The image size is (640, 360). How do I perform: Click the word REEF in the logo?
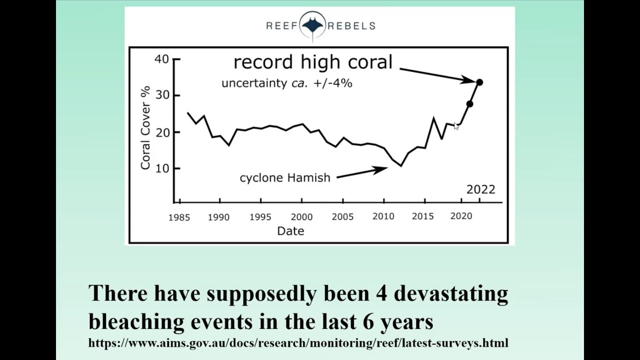pos(281,26)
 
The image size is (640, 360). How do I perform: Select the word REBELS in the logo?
pos(351,26)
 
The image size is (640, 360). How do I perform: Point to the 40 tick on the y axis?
pos(162,59)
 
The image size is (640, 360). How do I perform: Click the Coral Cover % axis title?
pos(145,128)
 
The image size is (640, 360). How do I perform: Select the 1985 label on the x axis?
pos(178,217)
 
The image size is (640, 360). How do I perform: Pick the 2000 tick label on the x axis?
pos(301,216)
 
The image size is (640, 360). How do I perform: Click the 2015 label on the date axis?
pos(422,216)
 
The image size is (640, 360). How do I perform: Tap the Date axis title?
pos(290,230)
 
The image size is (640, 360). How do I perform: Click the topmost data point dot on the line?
pos(479,82)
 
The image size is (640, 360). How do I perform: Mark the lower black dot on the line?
pos(469,104)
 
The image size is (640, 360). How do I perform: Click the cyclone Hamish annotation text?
pos(285,178)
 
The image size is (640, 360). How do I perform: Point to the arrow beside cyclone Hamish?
pos(361,172)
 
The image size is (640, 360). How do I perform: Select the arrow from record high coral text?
pos(437,74)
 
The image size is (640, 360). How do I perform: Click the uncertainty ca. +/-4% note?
pos(286,83)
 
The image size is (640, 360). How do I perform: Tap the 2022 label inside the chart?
pos(480,189)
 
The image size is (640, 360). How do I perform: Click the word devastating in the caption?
pos(451,293)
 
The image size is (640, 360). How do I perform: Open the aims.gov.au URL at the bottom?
pos(298,343)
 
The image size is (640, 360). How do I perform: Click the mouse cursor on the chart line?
pos(456,126)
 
